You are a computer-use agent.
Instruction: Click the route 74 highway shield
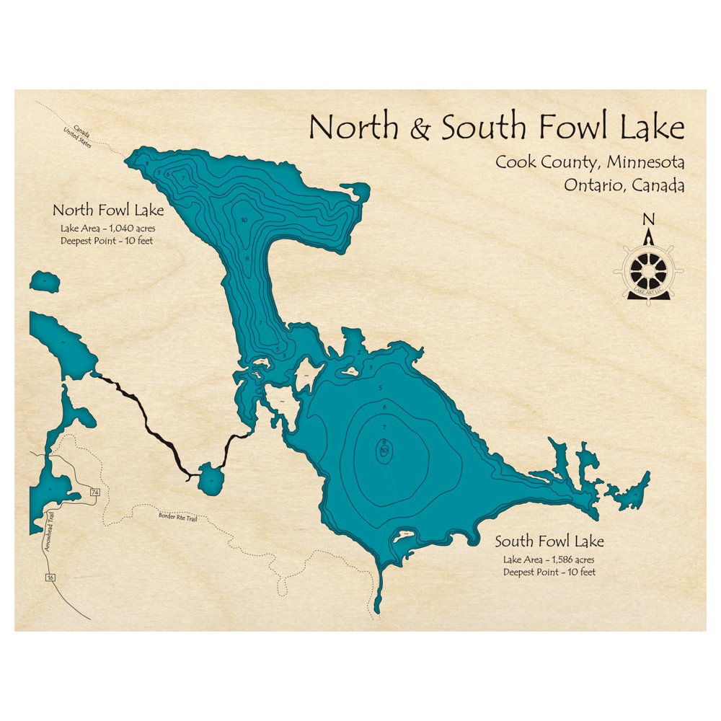pos(94,492)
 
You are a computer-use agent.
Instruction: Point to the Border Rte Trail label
pos(177,517)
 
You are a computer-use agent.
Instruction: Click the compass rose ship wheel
pos(648,270)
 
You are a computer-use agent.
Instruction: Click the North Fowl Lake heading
pos(108,211)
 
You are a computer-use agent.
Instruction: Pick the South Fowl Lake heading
pos(549,541)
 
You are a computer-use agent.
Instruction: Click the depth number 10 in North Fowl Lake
pos(245,218)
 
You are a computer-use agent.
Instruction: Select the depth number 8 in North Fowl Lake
pos(247,259)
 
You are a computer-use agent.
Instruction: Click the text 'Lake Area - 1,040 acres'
pos(108,229)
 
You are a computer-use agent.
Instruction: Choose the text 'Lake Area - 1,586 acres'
pos(549,559)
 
